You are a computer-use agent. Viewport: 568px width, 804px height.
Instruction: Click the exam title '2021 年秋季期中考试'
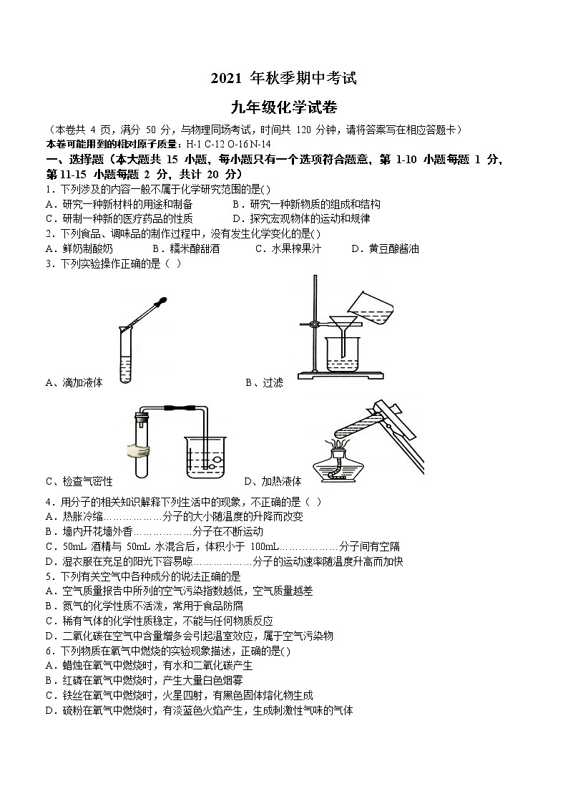coord(283,79)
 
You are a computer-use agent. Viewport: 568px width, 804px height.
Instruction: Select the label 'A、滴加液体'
coord(74,382)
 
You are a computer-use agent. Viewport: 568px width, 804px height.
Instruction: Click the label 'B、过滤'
coord(264,382)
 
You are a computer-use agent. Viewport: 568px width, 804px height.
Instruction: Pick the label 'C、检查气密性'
coord(79,481)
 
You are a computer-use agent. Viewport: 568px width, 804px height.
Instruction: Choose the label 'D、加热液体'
coord(273,481)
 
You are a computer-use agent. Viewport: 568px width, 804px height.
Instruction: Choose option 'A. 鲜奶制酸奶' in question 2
coord(79,248)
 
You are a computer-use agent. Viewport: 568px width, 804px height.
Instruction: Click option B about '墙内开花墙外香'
coord(154,531)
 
